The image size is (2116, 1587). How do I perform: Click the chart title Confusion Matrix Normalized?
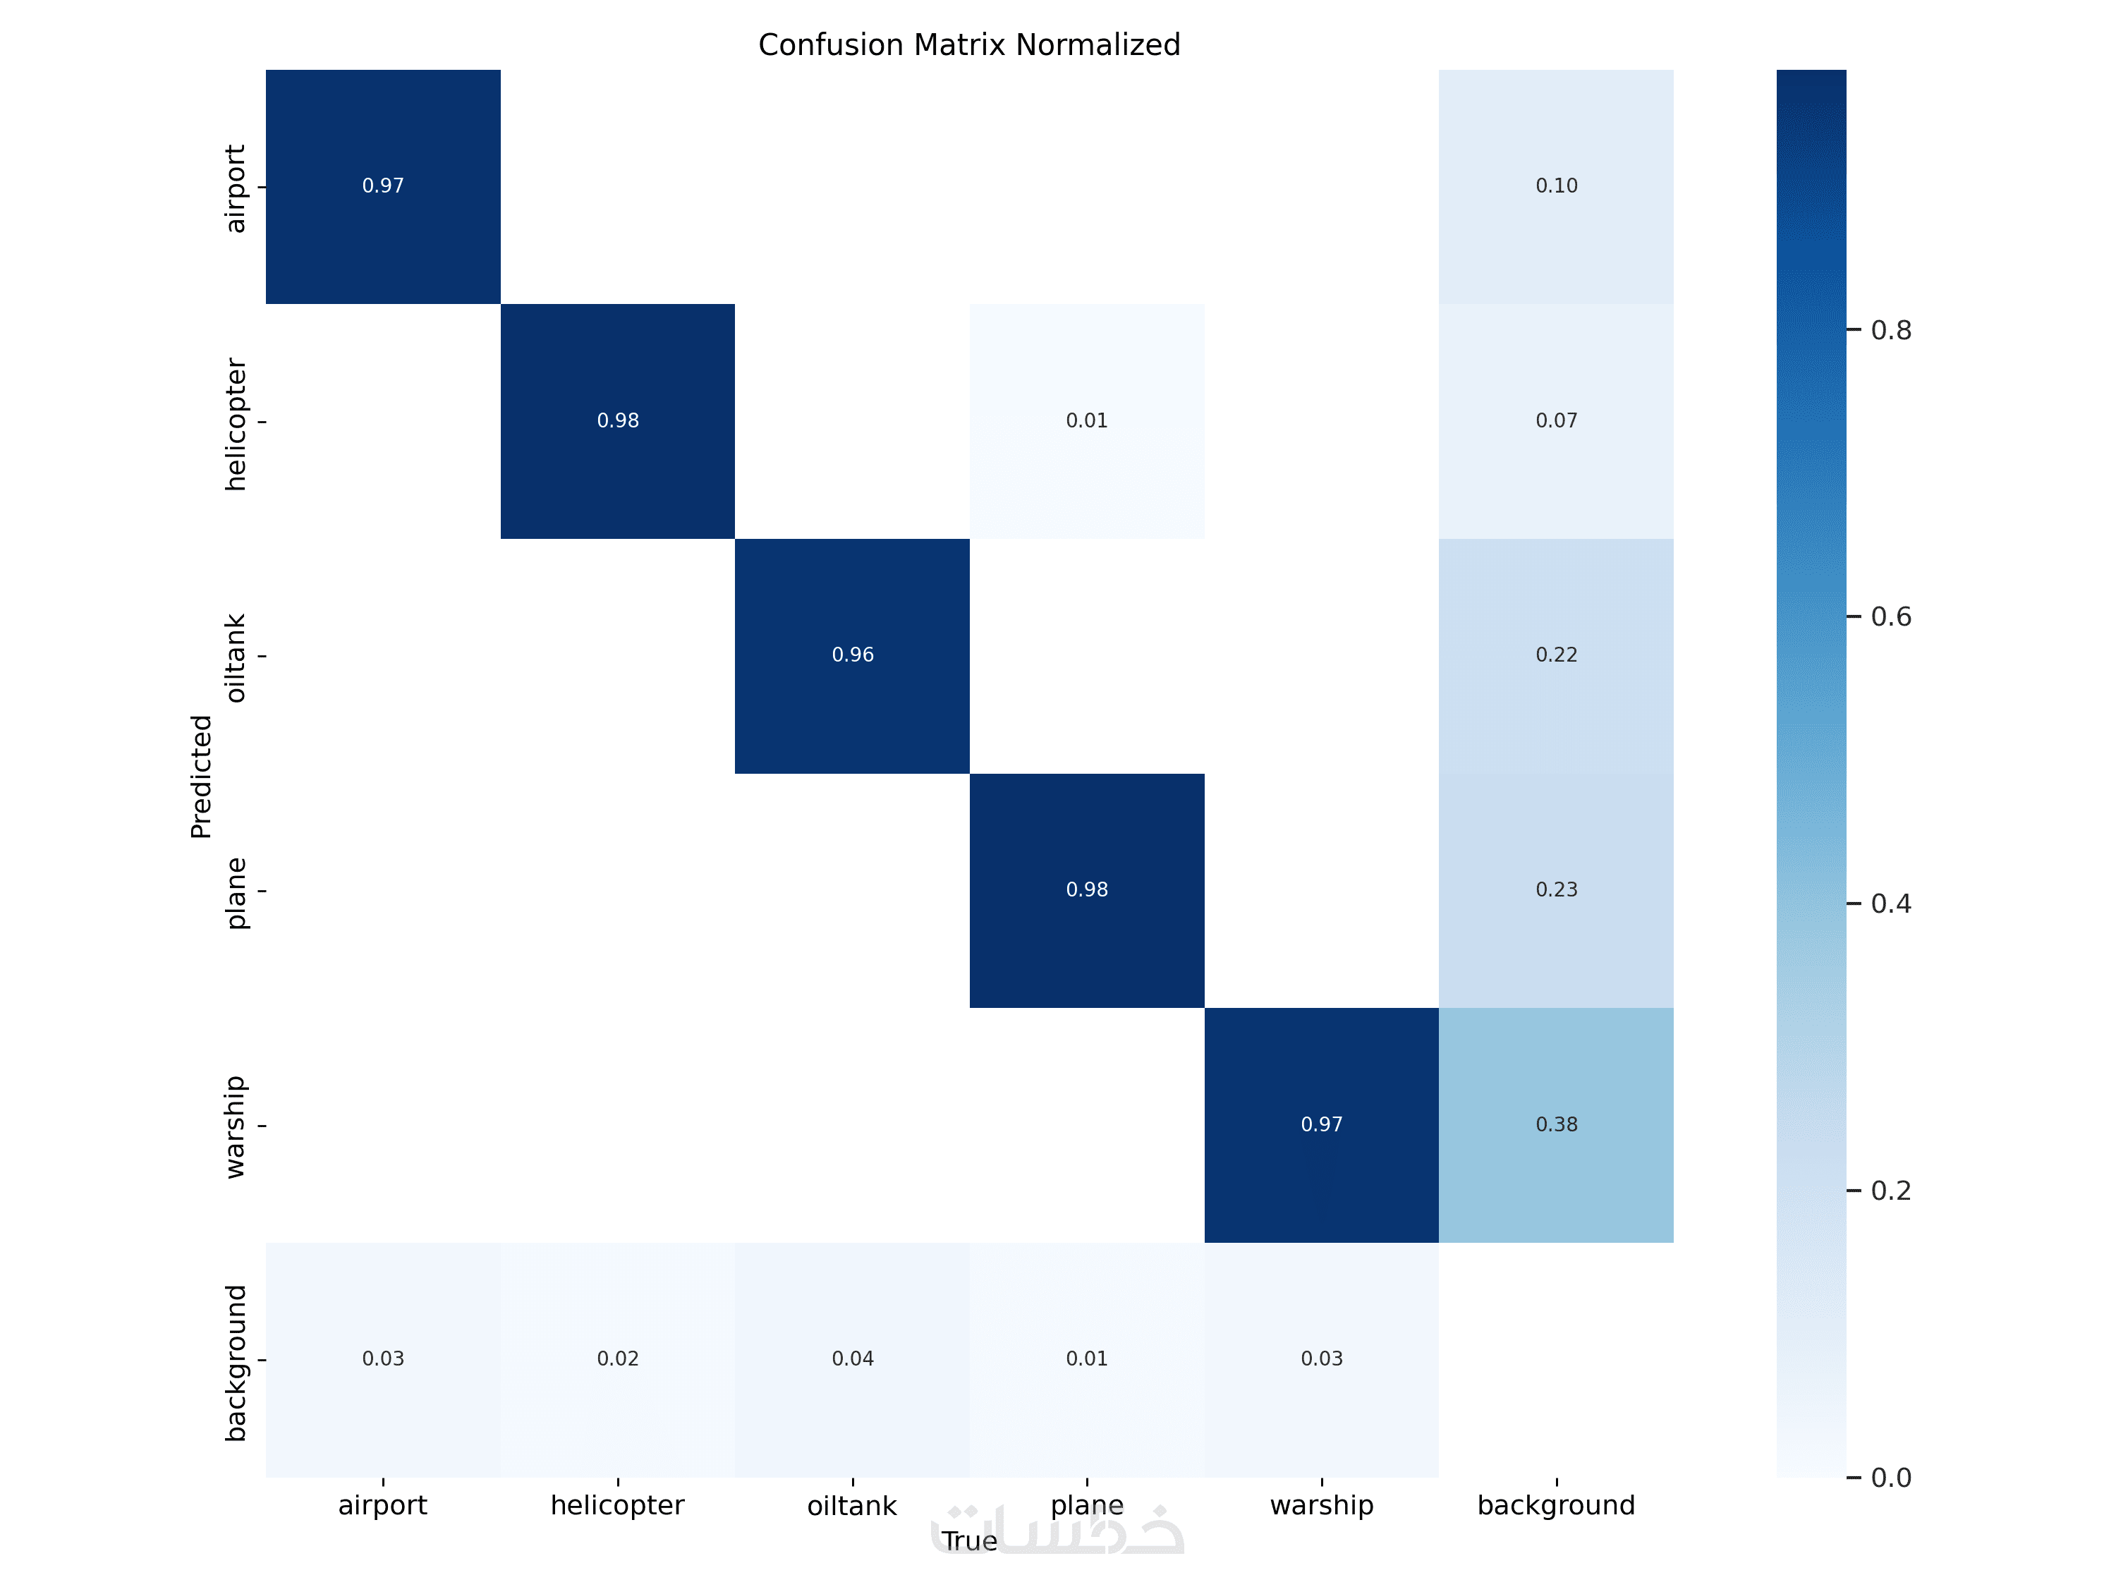pyautogui.click(x=969, y=45)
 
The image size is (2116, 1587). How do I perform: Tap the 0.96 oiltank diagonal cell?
pyautogui.click(x=852, y=655)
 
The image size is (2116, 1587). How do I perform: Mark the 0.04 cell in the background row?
pyautogui.click(x=852, y=1358)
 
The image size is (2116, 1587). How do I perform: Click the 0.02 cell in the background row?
pyautogui.click(x=618, y=1358)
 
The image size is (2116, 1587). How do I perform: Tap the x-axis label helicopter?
pyautogui.click(x=618, y=1506)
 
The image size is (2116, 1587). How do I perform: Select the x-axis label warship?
pyautogui.click(x=1321, y=1506)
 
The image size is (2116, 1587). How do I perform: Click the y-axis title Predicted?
pyautogui.click(x=201, y=777)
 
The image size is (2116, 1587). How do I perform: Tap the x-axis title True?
pyautogui.click(x=969, y=1541)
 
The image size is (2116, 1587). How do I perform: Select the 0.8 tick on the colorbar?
pyautogui.click(x=1890, y=331)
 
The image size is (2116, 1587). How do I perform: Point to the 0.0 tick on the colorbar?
pyautogui.click(x=1890, y=1478)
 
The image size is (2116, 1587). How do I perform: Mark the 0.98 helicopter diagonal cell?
pyautogui.click(x=618, y=421)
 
